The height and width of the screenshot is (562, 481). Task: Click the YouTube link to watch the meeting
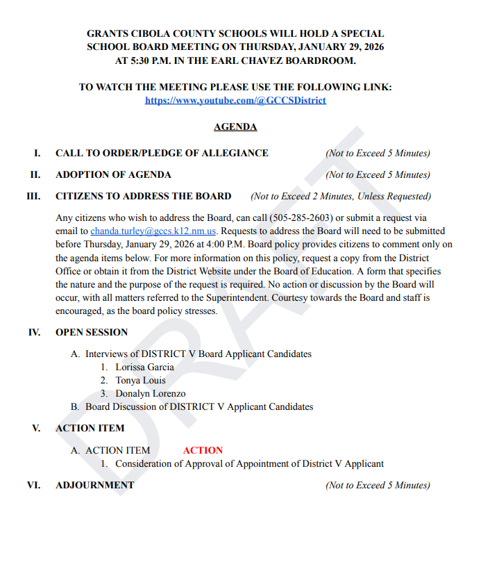coord(235,100)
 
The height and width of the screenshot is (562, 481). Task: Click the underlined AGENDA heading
coord(235,127)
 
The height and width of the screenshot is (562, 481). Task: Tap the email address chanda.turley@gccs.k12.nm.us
coord(154,231)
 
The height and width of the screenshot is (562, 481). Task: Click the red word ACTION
coord(203,450)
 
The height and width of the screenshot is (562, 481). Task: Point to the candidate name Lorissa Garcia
coord(144,367)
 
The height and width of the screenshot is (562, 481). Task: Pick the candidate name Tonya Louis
coord(140,380)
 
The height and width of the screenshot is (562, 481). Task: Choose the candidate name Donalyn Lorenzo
coord(150,393)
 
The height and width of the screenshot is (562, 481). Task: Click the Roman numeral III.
coord(33,197)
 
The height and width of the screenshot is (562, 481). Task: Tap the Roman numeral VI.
coord(33,485)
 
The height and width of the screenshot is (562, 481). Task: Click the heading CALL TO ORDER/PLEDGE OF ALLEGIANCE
coord(162,154)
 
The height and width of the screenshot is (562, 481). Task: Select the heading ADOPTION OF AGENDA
coord(113,175)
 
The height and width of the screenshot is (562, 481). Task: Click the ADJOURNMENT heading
coord(94,485)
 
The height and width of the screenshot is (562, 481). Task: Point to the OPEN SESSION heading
coord(92,332)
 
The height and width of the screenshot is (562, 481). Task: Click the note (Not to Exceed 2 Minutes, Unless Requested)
coord(341,197)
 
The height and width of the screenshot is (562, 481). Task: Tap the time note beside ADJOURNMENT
coord(378,485)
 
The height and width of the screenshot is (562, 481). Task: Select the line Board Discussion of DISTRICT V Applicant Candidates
coord(199,406)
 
